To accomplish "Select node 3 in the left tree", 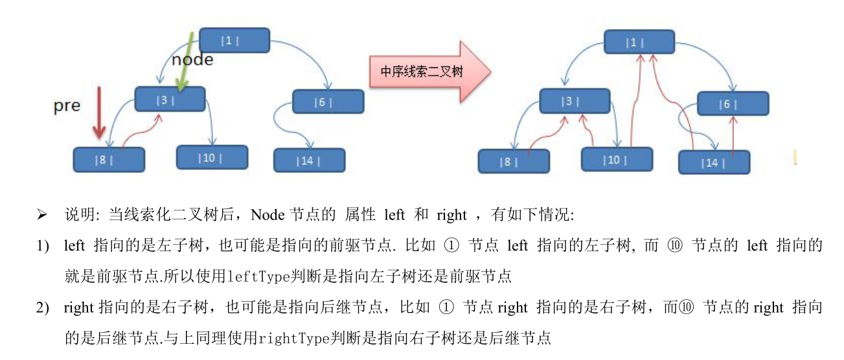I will [x=170, y=99].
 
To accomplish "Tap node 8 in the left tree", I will [x=108, y=159].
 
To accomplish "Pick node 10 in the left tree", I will [x=209, y=157].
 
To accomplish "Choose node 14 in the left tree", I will [x=308, y=160].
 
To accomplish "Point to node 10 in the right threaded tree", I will [x=616, y=159].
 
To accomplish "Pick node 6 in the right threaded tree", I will [x=733, y=104].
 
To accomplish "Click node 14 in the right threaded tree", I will [x=714, y=162].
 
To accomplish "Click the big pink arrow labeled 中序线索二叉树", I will [x=428, y=71].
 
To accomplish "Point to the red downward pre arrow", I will [x=98, y=114].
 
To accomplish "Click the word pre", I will [x=66, y=106].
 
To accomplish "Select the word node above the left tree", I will [x=193, y=59].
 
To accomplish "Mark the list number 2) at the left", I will [x=43, y=308].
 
